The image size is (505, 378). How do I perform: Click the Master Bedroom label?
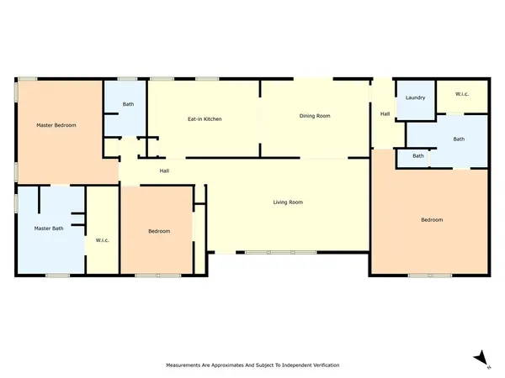[56, 125]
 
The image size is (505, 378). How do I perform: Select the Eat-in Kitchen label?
[205, 119]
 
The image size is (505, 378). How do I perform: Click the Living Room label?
[288, 202]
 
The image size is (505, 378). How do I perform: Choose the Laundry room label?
[415, 98]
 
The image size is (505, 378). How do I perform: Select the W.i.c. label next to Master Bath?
[103, 240]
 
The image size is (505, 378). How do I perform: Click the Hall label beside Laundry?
[385, 114]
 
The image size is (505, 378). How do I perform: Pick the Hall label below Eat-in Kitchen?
[166, 171]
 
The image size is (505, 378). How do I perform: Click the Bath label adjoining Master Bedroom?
[128, 104]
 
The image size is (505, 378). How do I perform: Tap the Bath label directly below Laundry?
[458, 139]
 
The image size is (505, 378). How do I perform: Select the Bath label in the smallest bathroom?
[418, 156]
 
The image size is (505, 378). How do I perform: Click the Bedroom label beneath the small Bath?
[432, 220]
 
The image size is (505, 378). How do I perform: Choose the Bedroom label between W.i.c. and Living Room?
[159, 231]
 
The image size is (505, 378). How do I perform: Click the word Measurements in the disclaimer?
[183, 365]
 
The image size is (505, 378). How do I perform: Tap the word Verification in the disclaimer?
[324, 365]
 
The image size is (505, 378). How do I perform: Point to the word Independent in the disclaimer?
[289, 365]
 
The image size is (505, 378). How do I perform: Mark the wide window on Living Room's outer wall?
[282, 252]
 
